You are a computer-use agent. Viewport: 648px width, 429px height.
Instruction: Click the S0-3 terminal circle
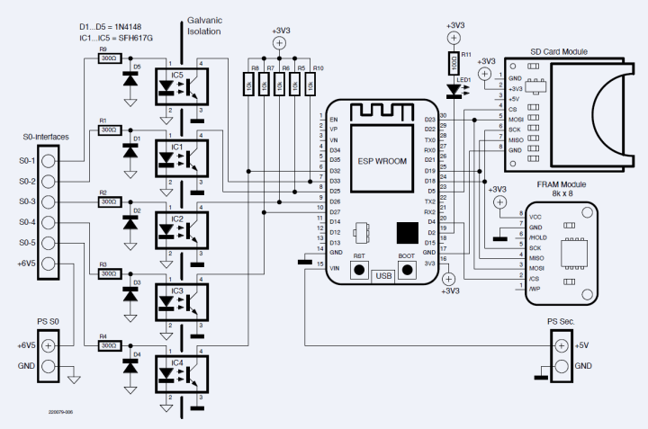(x=49, y=201)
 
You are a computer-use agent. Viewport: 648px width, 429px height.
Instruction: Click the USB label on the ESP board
(x=383, y=275)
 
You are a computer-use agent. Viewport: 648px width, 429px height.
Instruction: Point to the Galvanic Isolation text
(x=203, y=25)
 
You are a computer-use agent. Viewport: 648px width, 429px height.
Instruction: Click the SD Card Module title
(x=559, y=51)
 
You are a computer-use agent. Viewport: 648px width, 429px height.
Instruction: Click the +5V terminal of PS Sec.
(x=562, y=345)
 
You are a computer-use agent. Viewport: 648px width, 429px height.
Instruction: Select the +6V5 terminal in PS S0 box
(x=49, y=345)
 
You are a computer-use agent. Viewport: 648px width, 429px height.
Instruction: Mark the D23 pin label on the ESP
(x=429, y=119)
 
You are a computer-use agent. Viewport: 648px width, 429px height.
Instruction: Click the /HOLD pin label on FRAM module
(x=538, y=237)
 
